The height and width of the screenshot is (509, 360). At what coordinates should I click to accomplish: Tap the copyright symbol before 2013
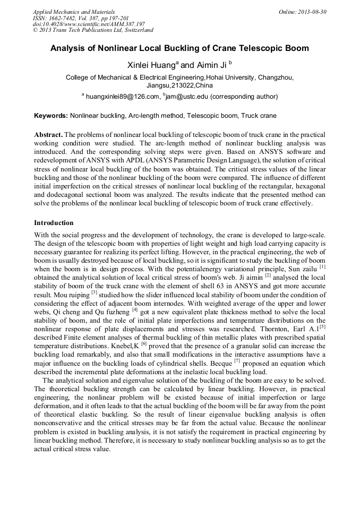click(x=35, y=30)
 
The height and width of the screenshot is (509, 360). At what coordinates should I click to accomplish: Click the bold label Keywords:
click(x=51, y=115)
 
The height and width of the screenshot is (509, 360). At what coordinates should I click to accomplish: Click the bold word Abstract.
click(x=48, y=135)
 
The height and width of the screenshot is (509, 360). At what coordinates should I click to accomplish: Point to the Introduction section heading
click(x=54, y=222)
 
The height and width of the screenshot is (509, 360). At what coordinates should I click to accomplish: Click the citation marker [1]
click(x=322, y=266)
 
